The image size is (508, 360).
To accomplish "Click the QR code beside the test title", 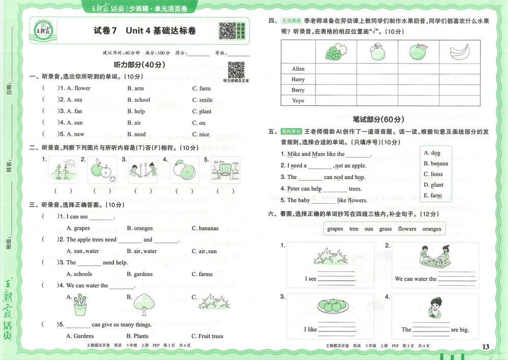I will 227,31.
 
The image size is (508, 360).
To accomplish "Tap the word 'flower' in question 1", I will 82,88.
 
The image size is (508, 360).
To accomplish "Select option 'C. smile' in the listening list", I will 202,100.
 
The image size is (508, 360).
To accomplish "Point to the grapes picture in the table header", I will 335,51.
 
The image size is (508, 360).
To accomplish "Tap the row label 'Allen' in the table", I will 298,69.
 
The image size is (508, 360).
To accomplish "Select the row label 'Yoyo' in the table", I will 298,101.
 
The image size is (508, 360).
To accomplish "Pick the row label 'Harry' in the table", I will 298,79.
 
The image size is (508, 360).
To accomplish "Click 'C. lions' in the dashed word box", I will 433,174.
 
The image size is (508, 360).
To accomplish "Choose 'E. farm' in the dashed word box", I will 433,195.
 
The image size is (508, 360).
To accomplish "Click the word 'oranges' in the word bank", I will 431,229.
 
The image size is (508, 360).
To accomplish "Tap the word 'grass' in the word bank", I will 386,229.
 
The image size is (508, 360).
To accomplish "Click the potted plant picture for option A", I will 79,305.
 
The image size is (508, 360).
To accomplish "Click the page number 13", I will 486,347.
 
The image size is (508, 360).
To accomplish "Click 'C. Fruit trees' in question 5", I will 207,336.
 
